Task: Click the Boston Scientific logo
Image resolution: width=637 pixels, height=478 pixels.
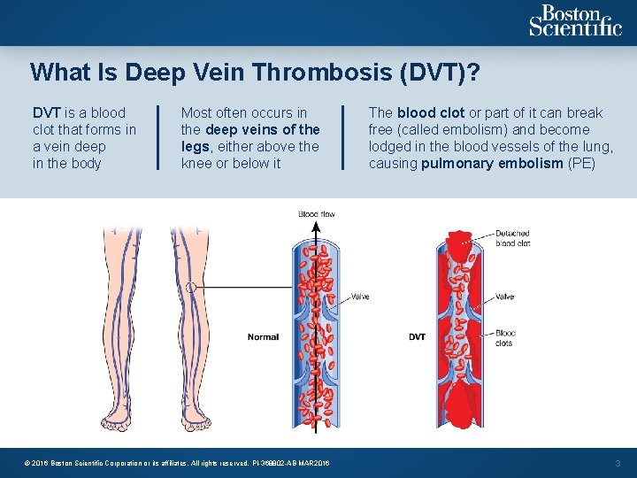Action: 575,21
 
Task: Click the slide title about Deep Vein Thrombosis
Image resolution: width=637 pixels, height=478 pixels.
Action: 255,72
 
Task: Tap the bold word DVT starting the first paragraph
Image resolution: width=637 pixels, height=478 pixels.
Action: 46,113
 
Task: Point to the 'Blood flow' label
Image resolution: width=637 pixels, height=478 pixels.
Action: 317,214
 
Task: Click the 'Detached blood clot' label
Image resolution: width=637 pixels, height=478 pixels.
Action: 512,237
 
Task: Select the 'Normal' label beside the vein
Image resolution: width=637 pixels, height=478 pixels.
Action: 263,336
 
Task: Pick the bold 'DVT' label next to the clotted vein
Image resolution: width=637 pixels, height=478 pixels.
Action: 418,336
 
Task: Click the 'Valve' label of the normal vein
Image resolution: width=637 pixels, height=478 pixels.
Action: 360,297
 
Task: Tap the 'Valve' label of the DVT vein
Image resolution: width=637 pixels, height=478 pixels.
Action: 504,297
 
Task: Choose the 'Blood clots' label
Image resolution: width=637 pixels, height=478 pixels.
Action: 505,338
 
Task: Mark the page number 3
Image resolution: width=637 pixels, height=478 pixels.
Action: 618,462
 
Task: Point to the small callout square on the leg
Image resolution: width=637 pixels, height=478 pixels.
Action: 190,287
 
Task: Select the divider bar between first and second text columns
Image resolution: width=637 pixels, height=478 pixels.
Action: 158,137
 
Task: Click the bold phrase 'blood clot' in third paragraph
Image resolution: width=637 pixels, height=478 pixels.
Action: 431,113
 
